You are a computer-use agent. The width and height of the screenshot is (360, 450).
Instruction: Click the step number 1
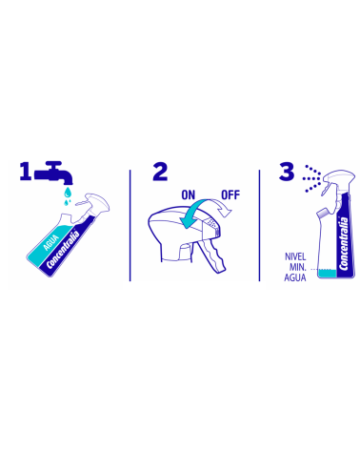tap(26, 172)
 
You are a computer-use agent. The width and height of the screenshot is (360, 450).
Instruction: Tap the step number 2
tap(160, 172)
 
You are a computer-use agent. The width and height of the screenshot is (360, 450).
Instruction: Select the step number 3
tap(287, 172)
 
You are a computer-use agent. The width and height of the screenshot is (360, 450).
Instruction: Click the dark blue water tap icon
tap(53, 173)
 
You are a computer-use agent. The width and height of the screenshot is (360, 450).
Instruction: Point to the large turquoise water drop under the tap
tap(68, 192)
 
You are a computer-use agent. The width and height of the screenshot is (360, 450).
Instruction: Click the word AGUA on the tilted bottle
tap(50, 242)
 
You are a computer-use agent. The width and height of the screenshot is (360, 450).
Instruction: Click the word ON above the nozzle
tap(189, 194)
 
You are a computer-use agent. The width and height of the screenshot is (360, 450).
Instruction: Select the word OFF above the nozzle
tap(230, 194)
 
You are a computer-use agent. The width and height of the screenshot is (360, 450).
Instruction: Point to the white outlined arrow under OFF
tap(222, 208)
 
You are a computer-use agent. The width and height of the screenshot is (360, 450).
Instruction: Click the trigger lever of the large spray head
tap(212, 256)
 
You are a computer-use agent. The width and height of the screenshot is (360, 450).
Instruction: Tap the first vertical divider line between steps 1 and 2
tap(130, 225)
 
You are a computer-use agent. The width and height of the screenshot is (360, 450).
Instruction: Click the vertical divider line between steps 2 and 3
tap(259, 225)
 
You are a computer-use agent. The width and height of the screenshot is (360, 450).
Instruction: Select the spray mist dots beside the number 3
tap(311, 178)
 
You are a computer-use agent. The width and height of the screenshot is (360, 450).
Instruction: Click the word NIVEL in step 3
tap(295, 256)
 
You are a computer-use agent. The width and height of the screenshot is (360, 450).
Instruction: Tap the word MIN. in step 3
tap(298, 267)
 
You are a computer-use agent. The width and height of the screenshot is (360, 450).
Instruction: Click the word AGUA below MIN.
tap(295, 277)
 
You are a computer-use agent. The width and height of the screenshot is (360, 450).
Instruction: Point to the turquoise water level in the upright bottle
tap(328, 273)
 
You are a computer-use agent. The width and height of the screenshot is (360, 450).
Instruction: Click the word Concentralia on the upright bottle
tap(344, 243)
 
